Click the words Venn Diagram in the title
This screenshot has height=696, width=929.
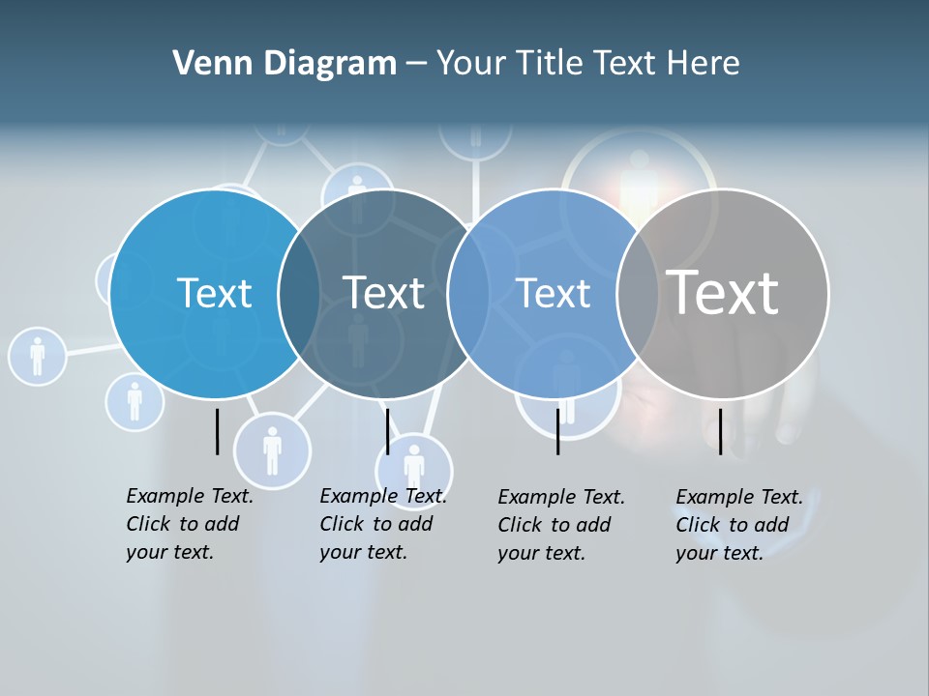pyautogui.click(x=285, y=64)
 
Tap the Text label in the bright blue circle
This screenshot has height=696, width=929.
pyautogui.click(x=214, y=293)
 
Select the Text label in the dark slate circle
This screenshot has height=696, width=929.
pyautogui.click(x=383, y=293)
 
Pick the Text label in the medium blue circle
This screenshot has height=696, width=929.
pyautogui.click(x=553, y=293)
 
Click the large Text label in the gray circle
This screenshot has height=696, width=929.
pyautogui.click(x=722, y=292)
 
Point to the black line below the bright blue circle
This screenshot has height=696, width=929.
pyautogui.click(x=217, y=431)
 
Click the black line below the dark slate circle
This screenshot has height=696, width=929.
pyautogui.click(x=387, y=431)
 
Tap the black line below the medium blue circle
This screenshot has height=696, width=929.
pyautogui.click(x=557, y=431)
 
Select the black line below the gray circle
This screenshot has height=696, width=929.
pyautogui.click(x=720, y=431)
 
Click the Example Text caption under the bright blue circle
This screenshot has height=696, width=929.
pyautogui.click(x=190, y=524)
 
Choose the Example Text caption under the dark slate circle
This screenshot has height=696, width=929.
pyautogui.click(x=383, y=524)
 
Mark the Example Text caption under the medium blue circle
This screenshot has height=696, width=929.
pyautogui.click(x=561, y=525)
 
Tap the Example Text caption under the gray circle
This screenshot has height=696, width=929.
pyautogui.click(x=739, y=525)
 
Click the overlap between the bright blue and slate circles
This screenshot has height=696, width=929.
pyautogui.click(x=299, y=293)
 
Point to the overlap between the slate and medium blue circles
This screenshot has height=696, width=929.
pyautogui.click(x=468, y=293)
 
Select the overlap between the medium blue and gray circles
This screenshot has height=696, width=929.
pyautogui.click(x=638, y=293)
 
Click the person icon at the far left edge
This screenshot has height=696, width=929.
pyautogui.click(x=37, y=356)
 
